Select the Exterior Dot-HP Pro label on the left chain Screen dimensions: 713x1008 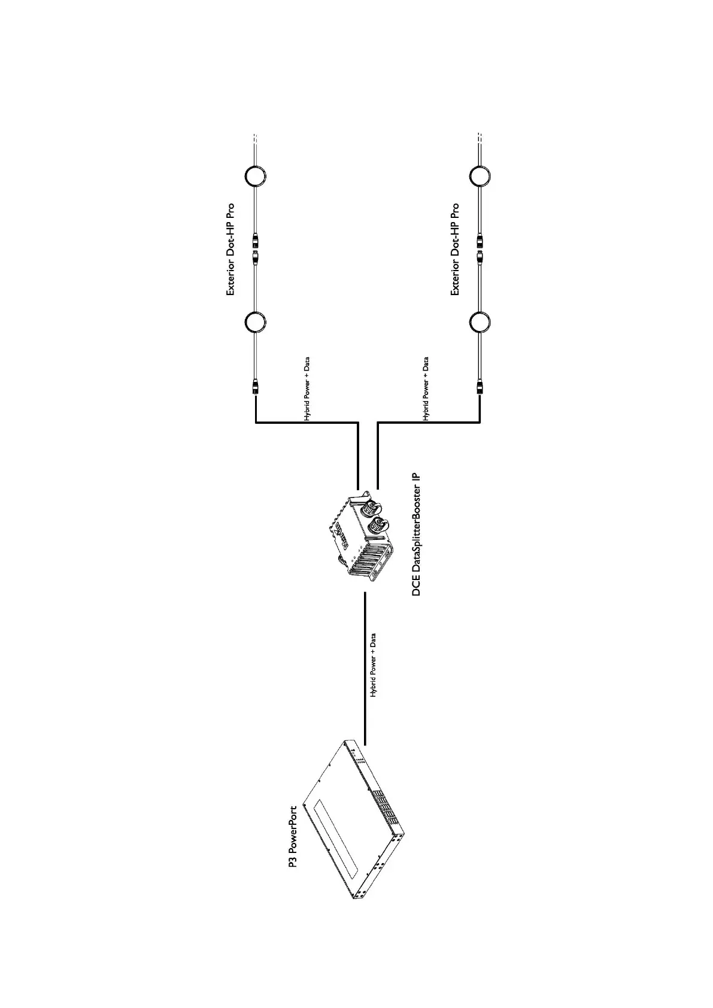[x=230, y=250]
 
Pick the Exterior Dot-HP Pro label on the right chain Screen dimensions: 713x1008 [x=455, y=250]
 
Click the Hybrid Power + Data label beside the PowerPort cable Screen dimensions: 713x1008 [x=373, y=665]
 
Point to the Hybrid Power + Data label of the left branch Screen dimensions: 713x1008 [x=307, y=390]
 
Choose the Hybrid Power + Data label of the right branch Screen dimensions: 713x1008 [x=426, y=390]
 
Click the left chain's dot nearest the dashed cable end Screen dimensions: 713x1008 [x=255, y=177]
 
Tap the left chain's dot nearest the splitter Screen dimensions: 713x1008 [x=255, y=322]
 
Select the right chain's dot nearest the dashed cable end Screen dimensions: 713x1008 [x=480, y=177]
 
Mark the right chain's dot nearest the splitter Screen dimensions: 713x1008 [x=480, y=322]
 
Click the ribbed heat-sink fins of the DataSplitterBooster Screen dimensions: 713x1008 [x=366, y=559]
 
